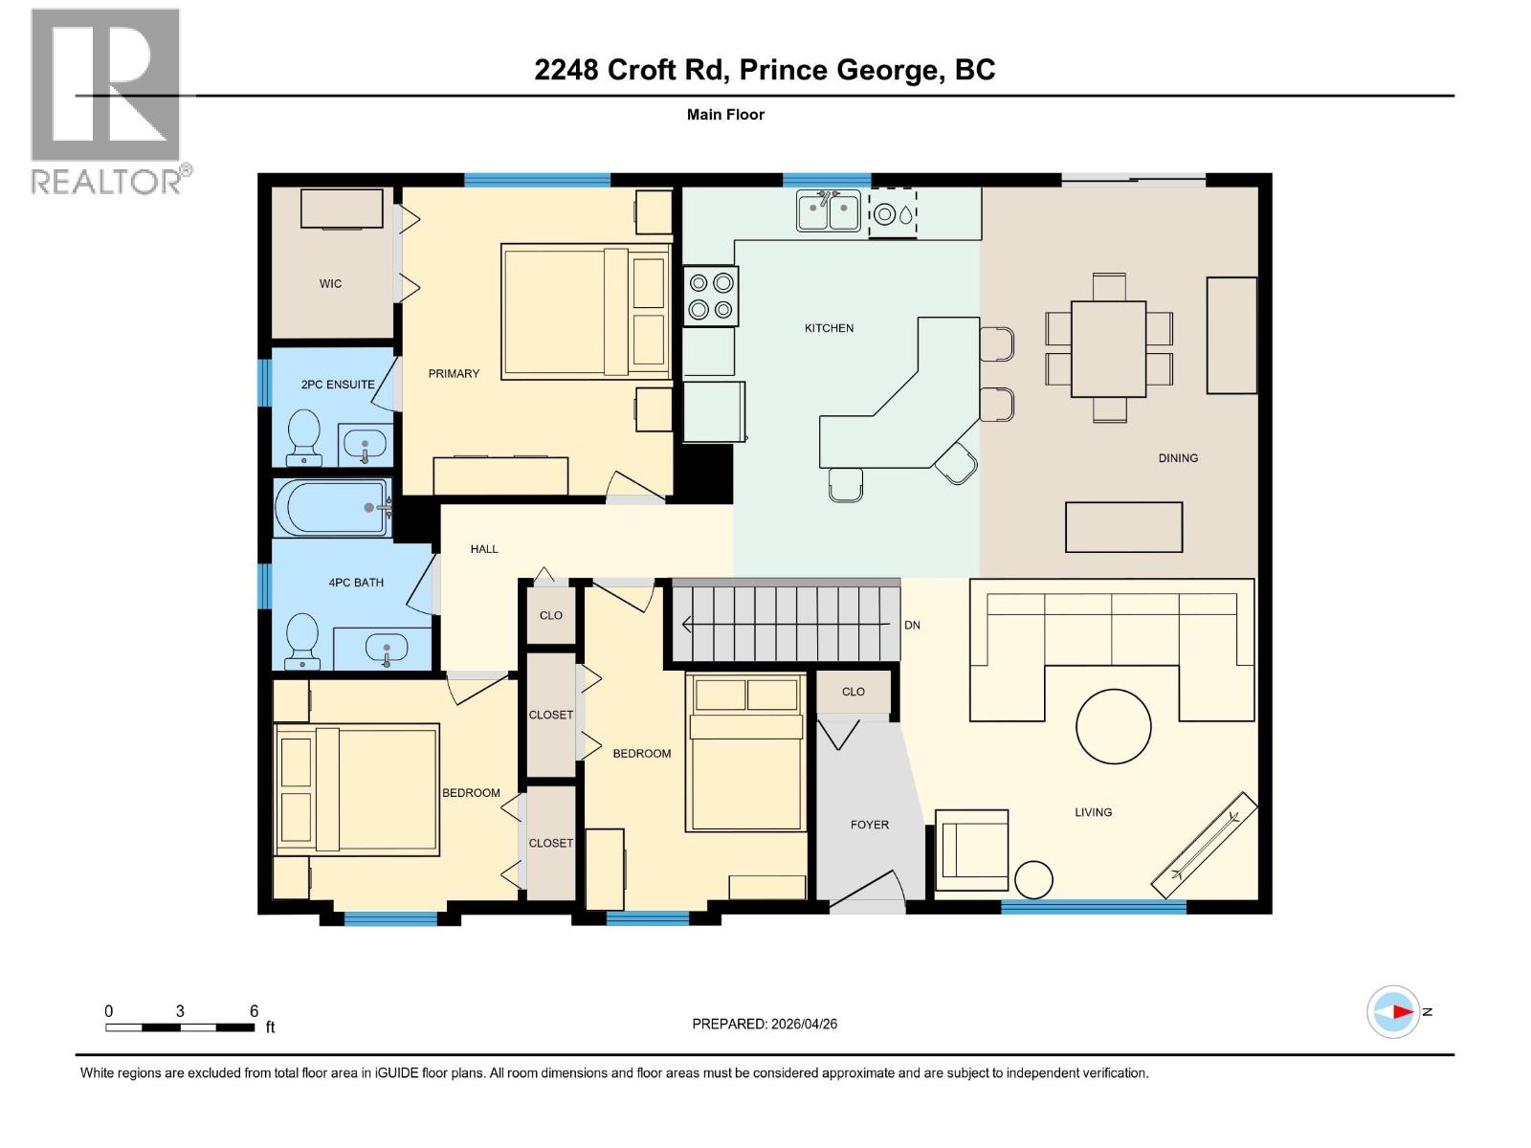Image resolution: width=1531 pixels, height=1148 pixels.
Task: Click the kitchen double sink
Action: pyautogui.click(x=829, y=211)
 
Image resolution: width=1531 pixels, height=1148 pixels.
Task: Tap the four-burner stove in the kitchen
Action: pyautogui.click(x=711, y=296)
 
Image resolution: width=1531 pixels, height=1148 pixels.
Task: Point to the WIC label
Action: pyautogui.click(x=330, y=283)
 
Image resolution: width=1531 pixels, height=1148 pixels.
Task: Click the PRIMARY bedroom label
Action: pyautogui.click(x=454, y=373)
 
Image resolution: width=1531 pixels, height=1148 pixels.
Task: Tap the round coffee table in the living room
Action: pyautogui.click(x=1113, y=727)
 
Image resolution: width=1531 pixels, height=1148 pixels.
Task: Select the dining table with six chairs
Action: pyautogui.click(x=1108, y=348)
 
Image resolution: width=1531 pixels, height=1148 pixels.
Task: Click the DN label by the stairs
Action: pyautogui.click(x=912, y=625)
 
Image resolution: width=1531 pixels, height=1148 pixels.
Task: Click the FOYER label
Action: pyautogui.click(x=869, y=824)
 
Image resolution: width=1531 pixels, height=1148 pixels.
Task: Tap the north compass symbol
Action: pyautogui.click(x=1394, y=1011)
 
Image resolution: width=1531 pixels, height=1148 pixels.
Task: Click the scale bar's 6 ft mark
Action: pyautogui.click(x=254, y=1011)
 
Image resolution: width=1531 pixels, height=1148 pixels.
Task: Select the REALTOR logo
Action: pyautogui.click(x=107, y=100)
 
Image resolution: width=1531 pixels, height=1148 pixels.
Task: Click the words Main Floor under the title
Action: pyautogui.click(x=725, y=114)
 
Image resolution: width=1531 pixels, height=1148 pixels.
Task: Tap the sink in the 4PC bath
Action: pyautogui.click(x=387, y=649)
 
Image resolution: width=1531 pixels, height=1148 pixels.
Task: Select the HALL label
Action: pyautogui.click(x=484, y=549)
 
